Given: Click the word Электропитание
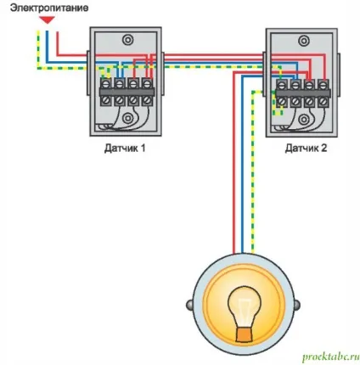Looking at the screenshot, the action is tap(49, 8).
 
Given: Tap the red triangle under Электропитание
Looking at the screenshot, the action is tap(47, 20).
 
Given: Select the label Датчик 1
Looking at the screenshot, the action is tap(125, 148).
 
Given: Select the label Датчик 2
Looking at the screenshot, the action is tap(306, 148).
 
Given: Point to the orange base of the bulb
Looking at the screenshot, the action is tap(245, 334).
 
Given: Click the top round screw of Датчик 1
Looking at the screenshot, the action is tap(128, 40).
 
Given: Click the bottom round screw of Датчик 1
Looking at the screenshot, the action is tap(128, 118).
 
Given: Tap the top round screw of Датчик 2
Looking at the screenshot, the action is tap(304, 41).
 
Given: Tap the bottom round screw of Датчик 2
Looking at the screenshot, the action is tap(304, 119).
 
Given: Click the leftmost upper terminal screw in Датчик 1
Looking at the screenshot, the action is tap(106, 84).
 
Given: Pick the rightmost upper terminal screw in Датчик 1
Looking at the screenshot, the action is tap(147, 84).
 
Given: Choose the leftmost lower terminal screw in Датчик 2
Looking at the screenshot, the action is tap(282, 101).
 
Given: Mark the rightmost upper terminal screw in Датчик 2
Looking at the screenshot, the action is tap(323, 85).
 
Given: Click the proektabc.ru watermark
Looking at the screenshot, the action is tap(330, 357).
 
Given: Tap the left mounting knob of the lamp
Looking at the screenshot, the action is tap(189, 305).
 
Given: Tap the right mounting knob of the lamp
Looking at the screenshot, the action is tap(296, 305).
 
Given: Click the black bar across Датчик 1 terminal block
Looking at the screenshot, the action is tap(127, 93).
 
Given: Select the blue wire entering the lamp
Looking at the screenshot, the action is tap(242, 165).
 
